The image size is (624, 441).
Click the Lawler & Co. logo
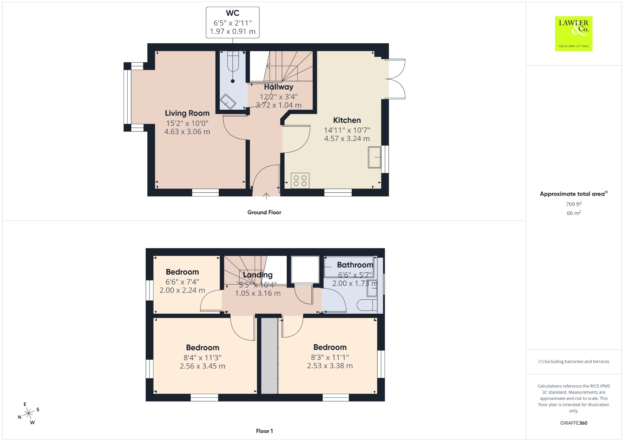tap(574, 34)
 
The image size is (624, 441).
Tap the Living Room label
tap(187, 113)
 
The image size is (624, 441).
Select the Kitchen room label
tap(347, 120)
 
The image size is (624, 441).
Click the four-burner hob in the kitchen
tap(300, 181)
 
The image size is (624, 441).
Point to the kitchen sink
tap(374, 157)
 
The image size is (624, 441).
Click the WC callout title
tap(232, 13)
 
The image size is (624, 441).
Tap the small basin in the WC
tap(228, 101)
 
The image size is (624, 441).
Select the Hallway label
tap(278, 87)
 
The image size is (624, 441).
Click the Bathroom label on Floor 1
tap(355, 265)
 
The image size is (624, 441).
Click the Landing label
tap(258, 275)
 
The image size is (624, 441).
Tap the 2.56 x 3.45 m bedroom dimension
tap(202, 366)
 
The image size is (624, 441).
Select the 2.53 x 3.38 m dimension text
tap(330, 366)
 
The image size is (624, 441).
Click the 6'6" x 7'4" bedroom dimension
tap(182, 282)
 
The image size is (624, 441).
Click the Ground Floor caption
tap(264, 212)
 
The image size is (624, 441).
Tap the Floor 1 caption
tap(264, 431)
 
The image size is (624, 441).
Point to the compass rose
tap(29, 413)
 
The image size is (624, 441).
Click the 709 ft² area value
tap(574, 204)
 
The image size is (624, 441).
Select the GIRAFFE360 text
tap(574, 423)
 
